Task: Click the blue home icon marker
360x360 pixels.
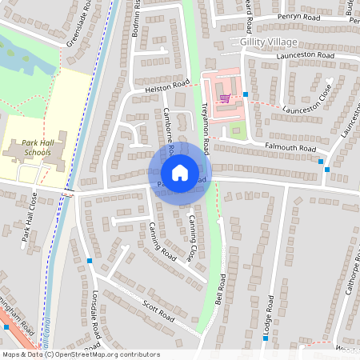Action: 180,173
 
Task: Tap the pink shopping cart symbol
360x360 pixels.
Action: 226,98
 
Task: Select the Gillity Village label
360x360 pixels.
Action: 269,41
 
